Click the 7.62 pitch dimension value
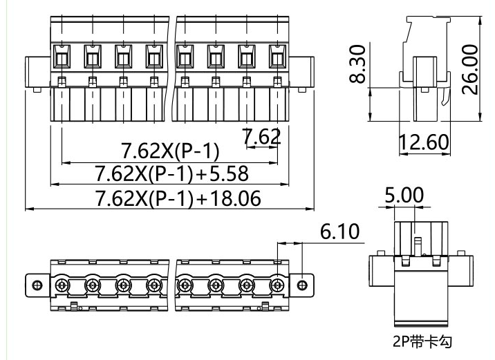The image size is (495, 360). tap(262, 137)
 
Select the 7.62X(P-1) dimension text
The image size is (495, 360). tap(170, 151)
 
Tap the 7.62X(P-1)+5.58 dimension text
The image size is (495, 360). tap(171, 173)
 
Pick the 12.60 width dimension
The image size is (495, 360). tap(424, 142)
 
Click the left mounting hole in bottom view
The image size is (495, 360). tap(37, 285)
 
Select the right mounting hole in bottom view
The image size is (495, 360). tap(301, 285)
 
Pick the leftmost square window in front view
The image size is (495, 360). tap(61, 55)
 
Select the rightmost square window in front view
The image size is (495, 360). tap(277, 55)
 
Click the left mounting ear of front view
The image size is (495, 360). tap(32, 73)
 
